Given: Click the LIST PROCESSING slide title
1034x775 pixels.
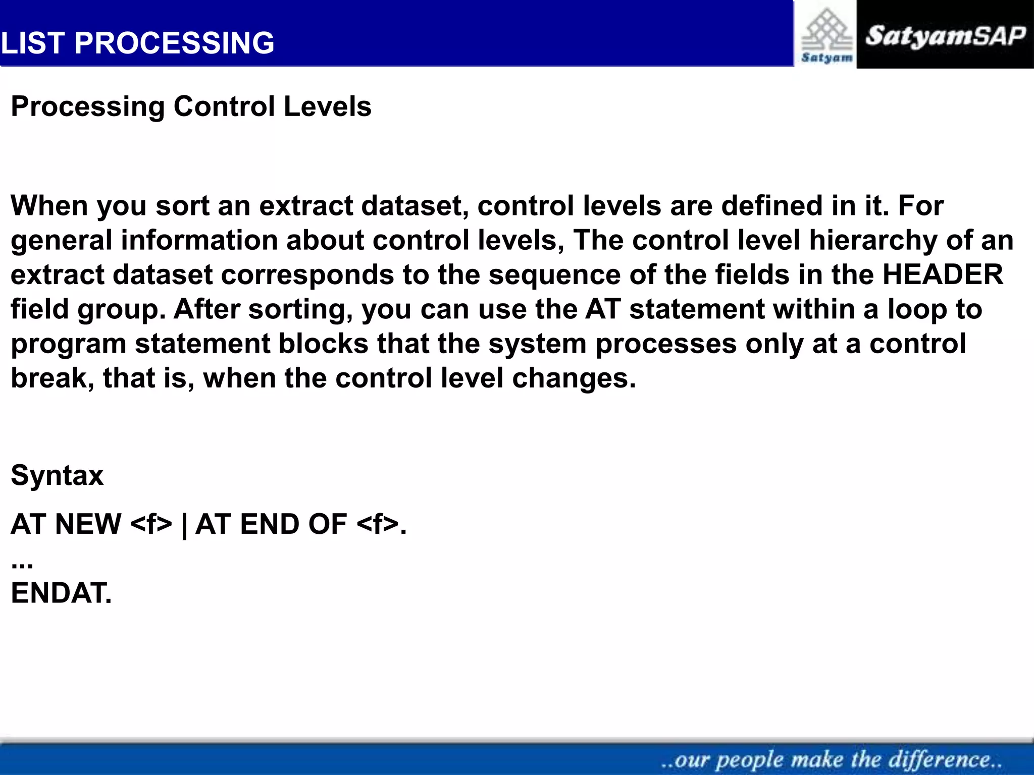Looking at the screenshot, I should [137, 42].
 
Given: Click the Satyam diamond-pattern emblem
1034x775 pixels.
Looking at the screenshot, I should [826, 30].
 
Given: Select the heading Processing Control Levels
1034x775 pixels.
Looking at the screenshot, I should [191, 106].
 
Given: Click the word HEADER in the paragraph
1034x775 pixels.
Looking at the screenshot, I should [943, 275].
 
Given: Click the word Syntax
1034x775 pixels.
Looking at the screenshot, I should [57, 475].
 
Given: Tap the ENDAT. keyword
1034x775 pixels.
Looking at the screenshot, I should [61, 593].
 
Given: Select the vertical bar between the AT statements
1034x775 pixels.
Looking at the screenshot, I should [184, 525].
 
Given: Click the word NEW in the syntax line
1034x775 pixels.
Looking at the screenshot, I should [88, 524].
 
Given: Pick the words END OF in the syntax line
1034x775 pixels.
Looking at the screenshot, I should [293, 524].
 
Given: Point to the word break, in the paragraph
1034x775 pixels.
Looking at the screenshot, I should [52, 378].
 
